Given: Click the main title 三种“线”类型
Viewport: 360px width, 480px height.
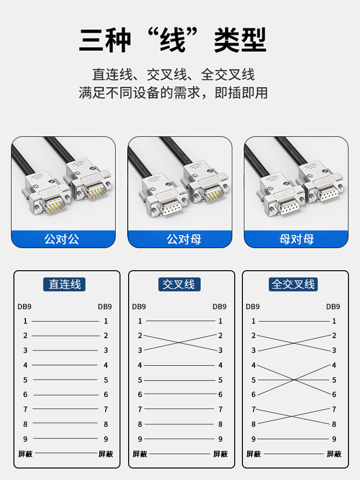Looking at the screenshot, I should (173, 40).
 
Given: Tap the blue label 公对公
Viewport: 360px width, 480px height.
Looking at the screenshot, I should (62, 239).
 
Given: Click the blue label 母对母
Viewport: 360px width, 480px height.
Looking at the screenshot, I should (297, 239).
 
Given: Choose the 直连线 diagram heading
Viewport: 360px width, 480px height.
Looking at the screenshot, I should (64, 284).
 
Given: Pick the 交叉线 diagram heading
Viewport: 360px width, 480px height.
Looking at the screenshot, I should (179, 284).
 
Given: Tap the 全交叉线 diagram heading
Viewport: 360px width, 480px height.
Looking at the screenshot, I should (293, 284).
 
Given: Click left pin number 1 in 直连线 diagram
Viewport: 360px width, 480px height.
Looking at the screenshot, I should (25, 321).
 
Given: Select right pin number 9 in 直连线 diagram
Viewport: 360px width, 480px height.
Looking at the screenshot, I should (106, 439).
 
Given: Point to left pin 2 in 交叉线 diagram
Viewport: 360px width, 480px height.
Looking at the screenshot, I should (140, 336).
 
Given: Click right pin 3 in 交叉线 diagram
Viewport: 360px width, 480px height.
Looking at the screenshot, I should (220, 350).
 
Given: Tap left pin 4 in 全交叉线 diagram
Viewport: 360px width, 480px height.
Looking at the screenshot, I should (253, 365).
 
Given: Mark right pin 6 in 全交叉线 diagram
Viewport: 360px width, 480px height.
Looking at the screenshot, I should (334, 395).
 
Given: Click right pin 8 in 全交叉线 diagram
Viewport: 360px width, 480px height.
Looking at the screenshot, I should (334, 424).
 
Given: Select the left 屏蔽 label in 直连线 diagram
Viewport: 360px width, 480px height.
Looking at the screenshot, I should (25, 454).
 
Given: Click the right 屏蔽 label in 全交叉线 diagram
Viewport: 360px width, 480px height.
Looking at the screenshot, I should (334, 454).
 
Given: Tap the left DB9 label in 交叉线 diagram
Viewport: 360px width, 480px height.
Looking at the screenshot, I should (139, 307).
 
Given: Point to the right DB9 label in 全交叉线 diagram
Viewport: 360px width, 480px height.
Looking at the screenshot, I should (333, 307).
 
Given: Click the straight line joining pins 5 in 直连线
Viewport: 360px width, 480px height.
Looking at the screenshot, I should (65, 380).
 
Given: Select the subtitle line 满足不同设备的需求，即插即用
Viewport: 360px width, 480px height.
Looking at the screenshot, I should (173, 93).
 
